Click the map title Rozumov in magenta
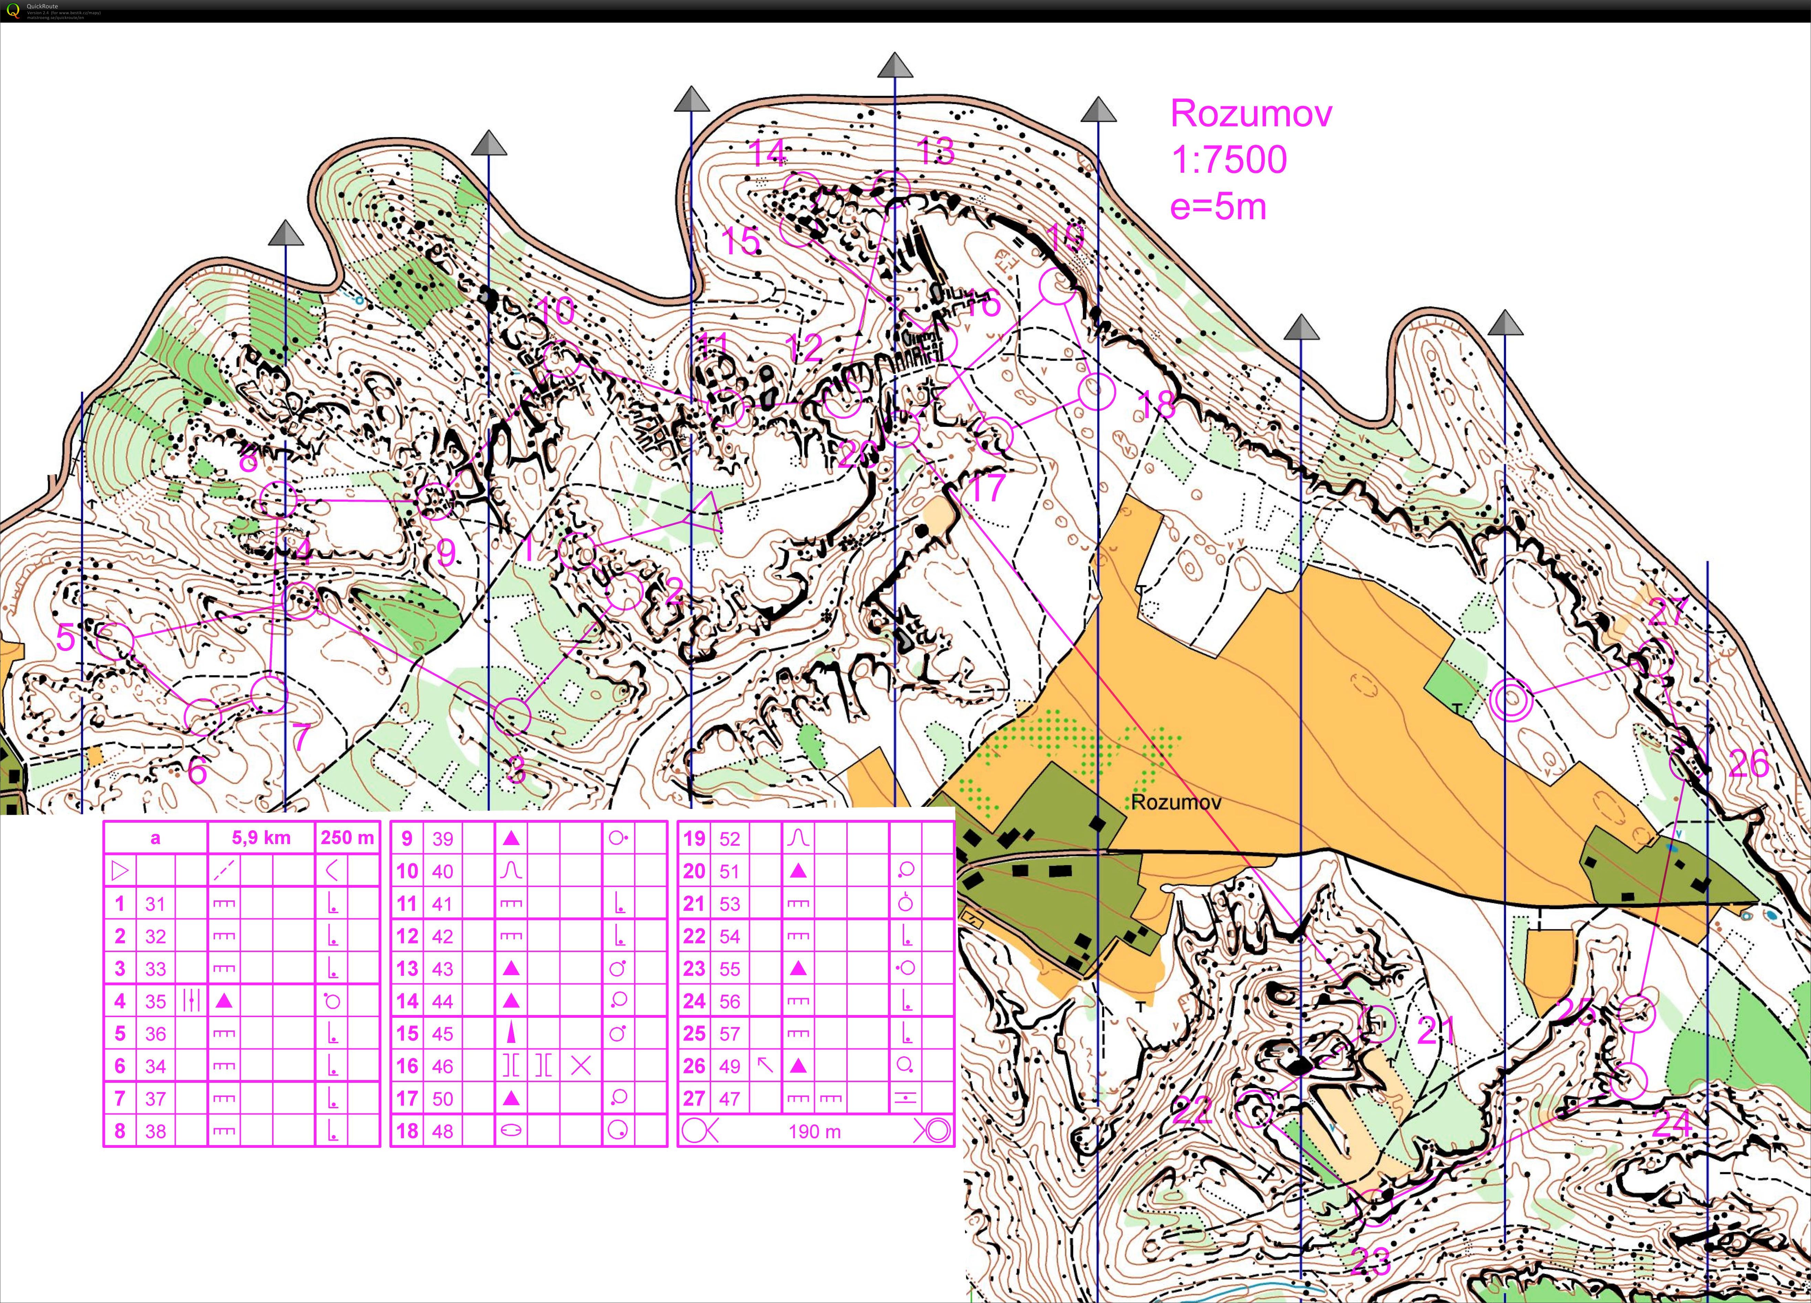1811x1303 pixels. click(x=1251, y=114)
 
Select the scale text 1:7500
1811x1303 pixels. click(x=1228, y=160)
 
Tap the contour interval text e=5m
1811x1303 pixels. click(x=1218, y=207)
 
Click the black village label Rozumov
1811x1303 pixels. click(x=1175, y=802)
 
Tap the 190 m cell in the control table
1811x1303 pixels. click(x=814, y=1131)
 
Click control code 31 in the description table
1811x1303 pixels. click(x=155, y=904)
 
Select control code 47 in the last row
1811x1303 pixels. click(x=729, y=1099)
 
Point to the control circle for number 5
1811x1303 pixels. click(x=116, y=640)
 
